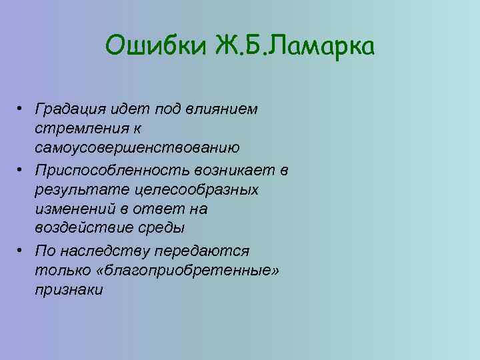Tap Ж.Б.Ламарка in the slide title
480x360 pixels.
[295, 47]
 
